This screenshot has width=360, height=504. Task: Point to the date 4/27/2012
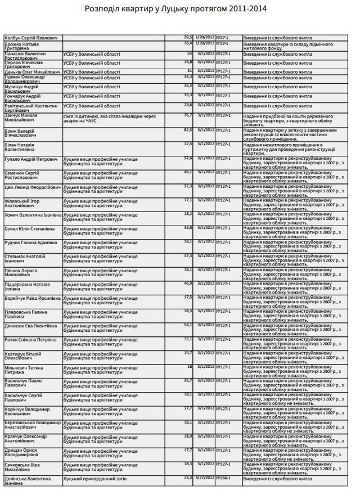coord(204,477)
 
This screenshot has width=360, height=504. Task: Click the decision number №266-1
coord(224,477)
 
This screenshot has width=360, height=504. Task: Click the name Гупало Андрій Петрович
coord(31,159)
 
